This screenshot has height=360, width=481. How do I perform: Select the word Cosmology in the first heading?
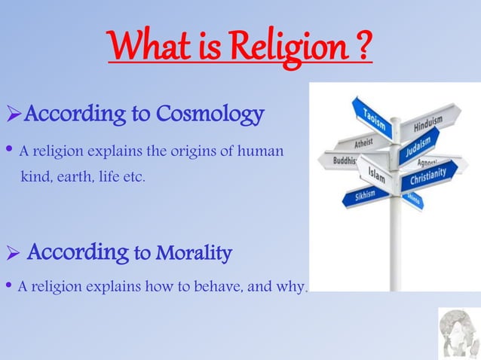pos(210,114)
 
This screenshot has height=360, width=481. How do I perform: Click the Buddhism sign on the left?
pos(339,160)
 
